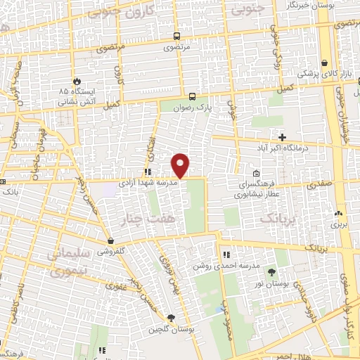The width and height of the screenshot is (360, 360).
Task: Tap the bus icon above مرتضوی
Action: pos(175,37)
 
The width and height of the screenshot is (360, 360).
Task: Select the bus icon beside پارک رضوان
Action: pos(192,97)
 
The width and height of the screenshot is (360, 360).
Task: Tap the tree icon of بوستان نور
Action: pos(271,273)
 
